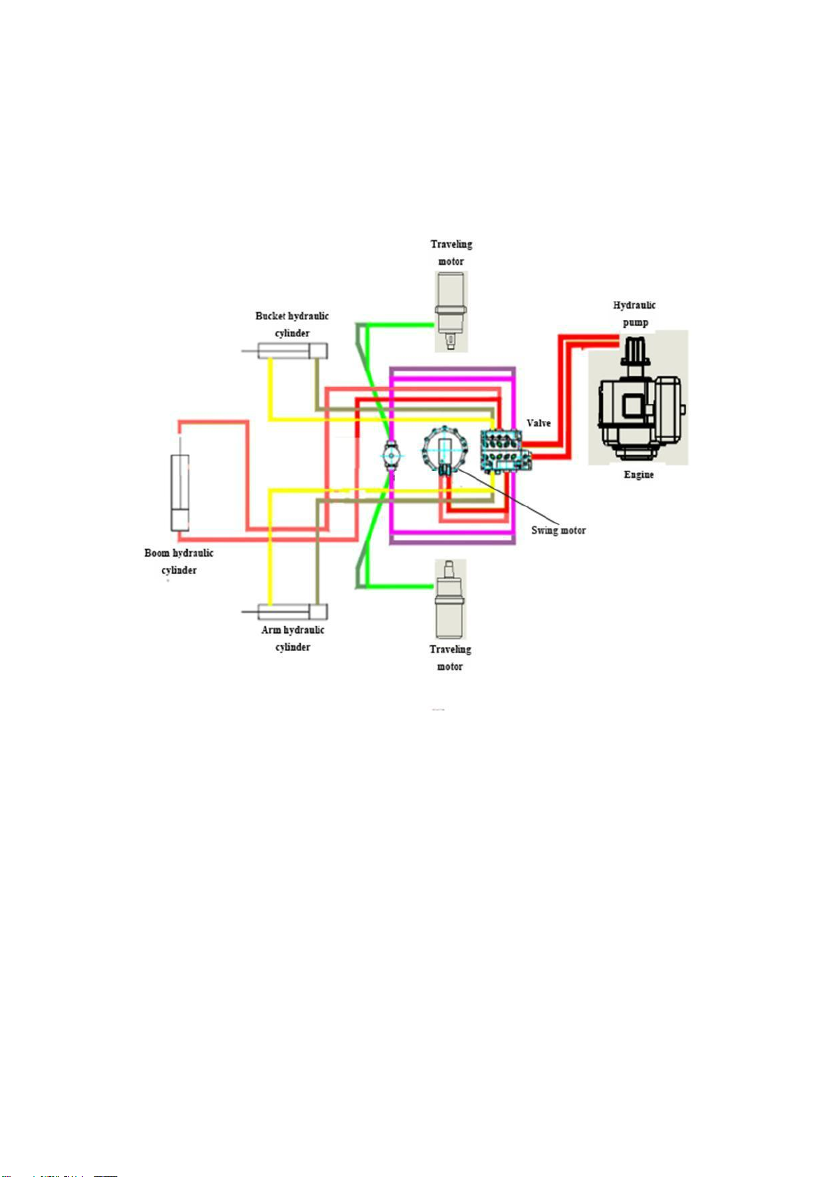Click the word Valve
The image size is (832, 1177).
[x=538, y=423]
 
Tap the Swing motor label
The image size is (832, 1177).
[x=558, y=530]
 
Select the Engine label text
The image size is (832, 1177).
[x=638, y=474]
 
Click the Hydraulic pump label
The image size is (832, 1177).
[x=634, y=314]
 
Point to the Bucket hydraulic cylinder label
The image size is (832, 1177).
[x=292, y=324]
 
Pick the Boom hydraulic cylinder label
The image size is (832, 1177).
[x=179, y=561]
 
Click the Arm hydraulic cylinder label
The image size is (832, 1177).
[x=293, y=638]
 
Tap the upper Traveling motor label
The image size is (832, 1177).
[x=451, y=253]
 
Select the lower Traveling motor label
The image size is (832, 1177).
[x=450, y=658]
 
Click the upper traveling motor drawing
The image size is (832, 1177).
[x=451, y=311]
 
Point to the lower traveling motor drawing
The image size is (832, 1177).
[x=451, y=599]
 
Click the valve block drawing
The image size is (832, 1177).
[x=505, y=451]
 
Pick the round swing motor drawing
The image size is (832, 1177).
[x=445, y=451]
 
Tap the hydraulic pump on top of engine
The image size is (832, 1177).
[x=636, y=351]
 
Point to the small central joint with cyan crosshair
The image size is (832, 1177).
[x=391, y=455]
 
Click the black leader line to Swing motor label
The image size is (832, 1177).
[x=497, y=497]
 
